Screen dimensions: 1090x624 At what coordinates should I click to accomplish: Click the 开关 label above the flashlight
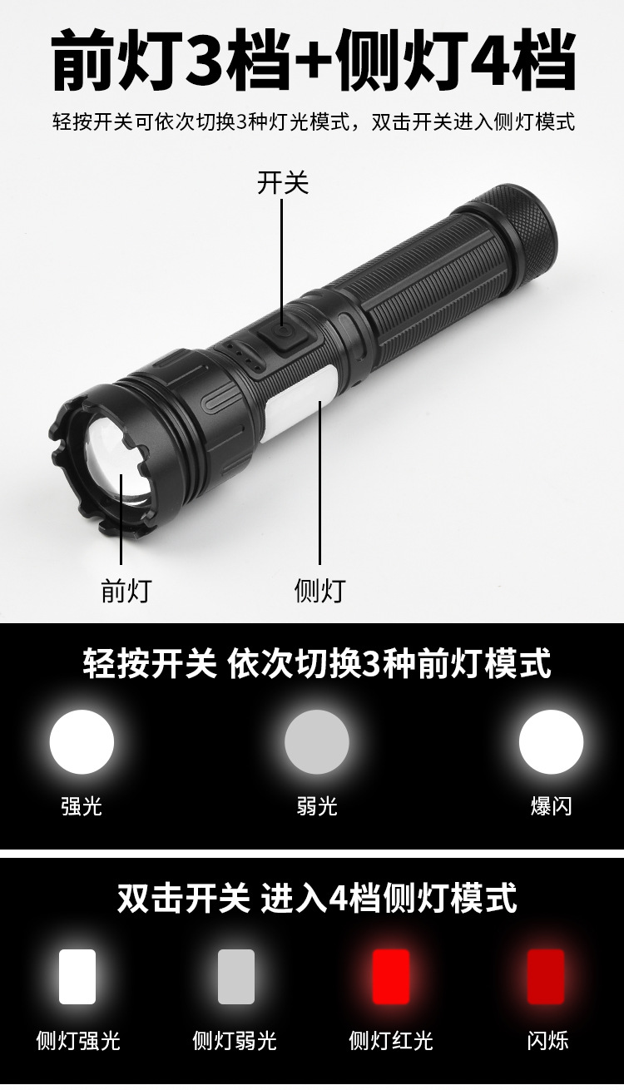(x=282, y=183)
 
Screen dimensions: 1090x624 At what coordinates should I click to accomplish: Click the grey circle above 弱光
(x=317, y=742)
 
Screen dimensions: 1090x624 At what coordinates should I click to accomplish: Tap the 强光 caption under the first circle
(x=82, y=805)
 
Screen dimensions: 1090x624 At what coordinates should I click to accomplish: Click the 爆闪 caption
(x=552, y=805)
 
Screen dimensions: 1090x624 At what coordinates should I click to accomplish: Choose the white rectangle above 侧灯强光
(x=77, y=977)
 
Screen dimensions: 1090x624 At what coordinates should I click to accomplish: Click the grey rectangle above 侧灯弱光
(x=235, y=977)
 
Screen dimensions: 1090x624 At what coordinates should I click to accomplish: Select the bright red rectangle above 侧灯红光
(x=391, y=977)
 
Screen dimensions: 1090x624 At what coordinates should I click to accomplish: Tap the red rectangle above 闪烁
(x=547, y=977)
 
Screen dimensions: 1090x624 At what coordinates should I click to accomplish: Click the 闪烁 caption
(x=547, y=1040)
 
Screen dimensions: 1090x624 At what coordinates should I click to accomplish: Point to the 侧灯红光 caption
(x=391, y=1040)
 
